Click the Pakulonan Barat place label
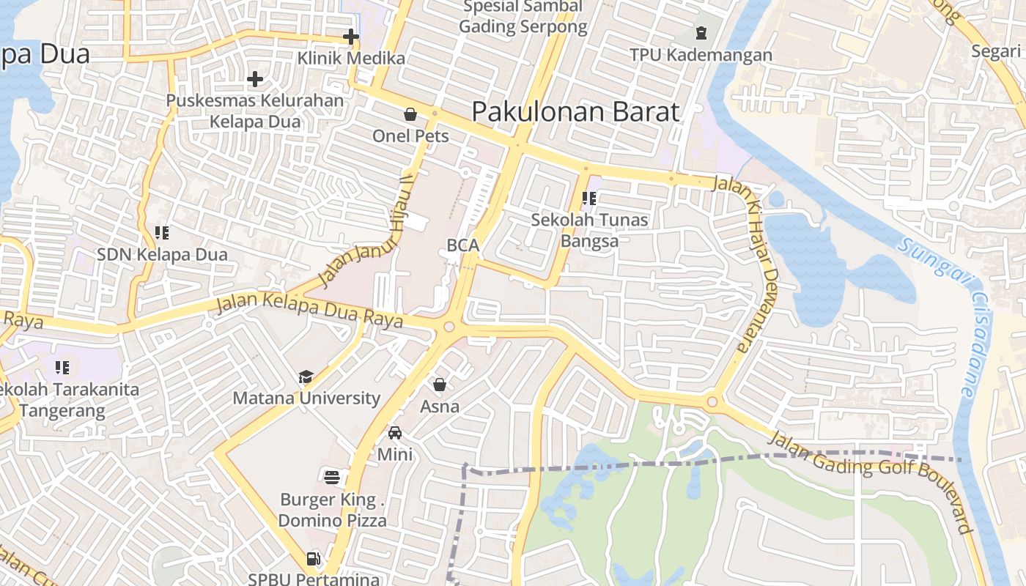[575, 112]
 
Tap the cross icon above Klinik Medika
[351, 36]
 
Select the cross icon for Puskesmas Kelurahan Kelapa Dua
[255, 79]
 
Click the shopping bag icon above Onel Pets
[410, 114]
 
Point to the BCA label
[463, 246]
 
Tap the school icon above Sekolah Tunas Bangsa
[589, 198]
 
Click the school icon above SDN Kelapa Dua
[162, 233]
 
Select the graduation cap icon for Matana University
[306, 377]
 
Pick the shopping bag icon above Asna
[440, 385]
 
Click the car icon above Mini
[395, 433]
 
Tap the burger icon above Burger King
[332, 478]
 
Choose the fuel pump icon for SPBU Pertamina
[313, 559]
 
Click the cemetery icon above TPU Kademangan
[701, 33]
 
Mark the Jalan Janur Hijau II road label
[362, 231]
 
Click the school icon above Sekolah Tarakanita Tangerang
[62, 367]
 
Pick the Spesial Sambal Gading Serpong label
[523, 17]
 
